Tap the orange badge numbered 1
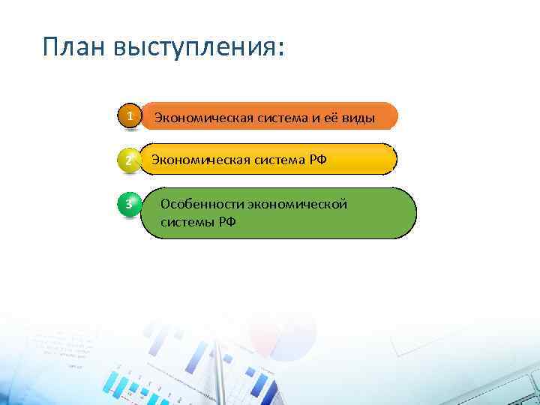click(x=130, y=117)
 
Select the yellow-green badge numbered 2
click(x=129, y=160)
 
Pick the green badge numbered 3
click(x=129, y=204)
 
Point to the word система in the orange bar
click(x=269, y=118)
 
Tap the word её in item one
click(x=325, y=118)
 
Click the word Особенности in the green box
click(x=195, y=205)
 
